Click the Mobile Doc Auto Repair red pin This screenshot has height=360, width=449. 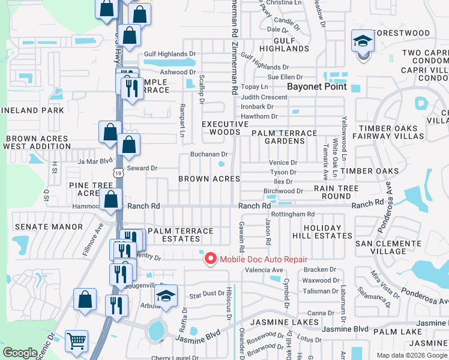pos(210,259)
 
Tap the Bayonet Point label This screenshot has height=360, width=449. pos(317,86)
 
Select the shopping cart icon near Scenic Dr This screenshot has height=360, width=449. pos(77,341)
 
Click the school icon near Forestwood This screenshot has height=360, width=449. pos(362,41)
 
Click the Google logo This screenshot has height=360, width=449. pos(20,353)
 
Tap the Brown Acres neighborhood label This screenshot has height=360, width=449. pos(209,179)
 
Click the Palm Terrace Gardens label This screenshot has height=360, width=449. pos(284,137)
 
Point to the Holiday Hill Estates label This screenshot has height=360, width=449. pos(318,232)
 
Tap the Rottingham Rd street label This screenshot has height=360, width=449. pos(293,214)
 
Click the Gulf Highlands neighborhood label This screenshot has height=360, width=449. pos(292,44)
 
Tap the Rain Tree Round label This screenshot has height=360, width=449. pos(336,192)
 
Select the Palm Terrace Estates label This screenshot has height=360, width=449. pos(180,235)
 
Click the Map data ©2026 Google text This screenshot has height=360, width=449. pos(411,355)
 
